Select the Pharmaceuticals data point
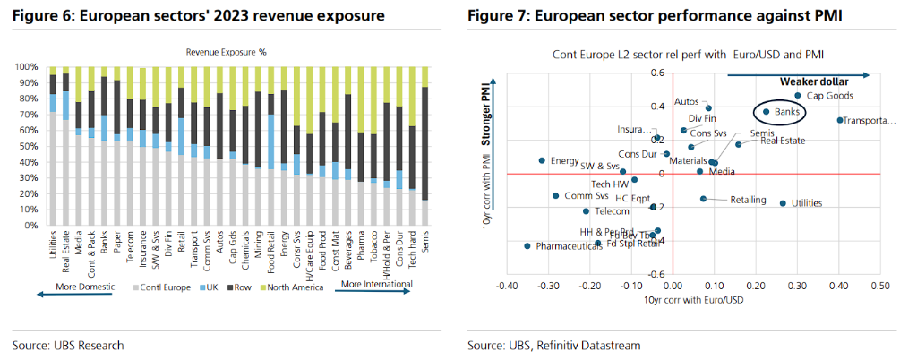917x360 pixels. [x=527, y=245]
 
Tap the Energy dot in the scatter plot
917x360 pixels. [x=542, y=161]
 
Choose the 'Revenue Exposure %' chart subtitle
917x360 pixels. [x=226, y=52]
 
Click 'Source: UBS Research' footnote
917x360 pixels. [x=68, y=345]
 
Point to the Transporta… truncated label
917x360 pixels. [x=870, y=120]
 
